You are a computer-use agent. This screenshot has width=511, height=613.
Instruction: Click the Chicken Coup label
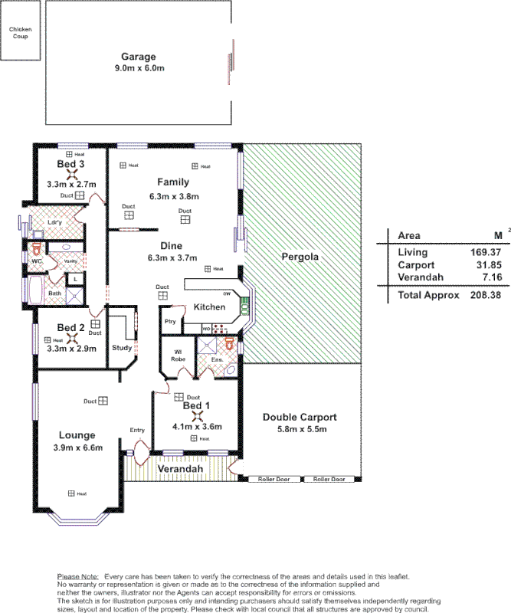20,32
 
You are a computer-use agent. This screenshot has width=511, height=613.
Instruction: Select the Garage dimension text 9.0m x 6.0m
139,68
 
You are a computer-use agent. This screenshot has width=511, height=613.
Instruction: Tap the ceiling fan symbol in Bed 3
70,175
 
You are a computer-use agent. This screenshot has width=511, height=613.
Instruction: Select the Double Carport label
300,418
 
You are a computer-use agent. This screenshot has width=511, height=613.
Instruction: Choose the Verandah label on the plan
181,468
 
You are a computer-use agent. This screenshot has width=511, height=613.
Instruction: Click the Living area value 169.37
486,252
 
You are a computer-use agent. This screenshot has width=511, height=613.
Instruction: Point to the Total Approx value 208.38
486,295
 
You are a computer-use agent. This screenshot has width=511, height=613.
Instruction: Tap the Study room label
121,347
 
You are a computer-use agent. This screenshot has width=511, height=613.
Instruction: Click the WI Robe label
179,356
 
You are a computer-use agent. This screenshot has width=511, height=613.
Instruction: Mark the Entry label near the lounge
137,430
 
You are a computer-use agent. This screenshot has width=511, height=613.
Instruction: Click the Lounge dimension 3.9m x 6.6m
78,447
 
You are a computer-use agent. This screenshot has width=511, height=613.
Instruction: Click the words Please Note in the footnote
78,575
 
